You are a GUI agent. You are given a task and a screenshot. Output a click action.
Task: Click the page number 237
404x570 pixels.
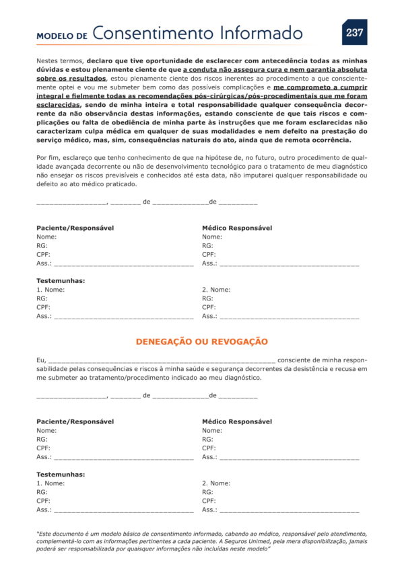tap(354, 32)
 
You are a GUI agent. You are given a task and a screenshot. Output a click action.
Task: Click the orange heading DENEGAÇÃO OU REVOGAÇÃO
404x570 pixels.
tap(201, 342)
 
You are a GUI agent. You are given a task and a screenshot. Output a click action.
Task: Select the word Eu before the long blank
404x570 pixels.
tap(40, 360)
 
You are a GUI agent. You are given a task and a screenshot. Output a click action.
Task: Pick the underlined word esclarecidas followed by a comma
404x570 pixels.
tap(58, 104)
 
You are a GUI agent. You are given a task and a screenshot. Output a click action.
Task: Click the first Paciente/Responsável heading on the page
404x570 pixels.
tap(75, 228)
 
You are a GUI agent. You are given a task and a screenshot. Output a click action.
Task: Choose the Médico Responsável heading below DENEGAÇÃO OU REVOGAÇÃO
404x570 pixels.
tap(237, 421)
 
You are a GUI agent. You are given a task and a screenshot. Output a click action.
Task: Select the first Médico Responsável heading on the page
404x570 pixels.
tap(237, 228)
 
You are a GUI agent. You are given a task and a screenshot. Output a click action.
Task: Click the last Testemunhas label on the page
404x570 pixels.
tap(61, 475)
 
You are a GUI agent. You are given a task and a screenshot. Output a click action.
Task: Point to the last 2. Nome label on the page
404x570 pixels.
tap(216, 483)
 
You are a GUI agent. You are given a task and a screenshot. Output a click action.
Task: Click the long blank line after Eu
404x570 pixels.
tap(162, 361)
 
